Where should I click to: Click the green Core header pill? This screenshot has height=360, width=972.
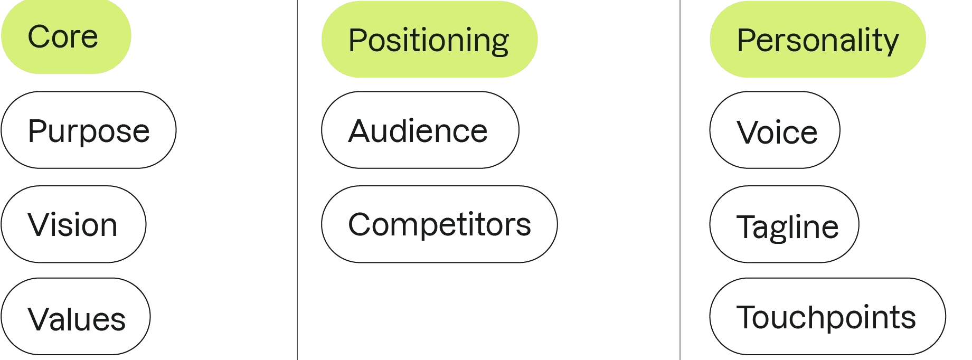click(65, 37)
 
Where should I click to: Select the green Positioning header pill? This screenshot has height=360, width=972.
click(429, 40)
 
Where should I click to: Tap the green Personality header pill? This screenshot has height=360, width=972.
click(817, 40)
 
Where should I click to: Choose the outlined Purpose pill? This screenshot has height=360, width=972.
click(89, 130)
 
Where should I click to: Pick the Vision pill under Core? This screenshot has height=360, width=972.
click(73, 224)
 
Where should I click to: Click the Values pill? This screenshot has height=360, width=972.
click(76, 317)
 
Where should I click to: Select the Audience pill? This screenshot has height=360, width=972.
click(420, 130)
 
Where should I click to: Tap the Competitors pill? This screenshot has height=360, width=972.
click(439, 224)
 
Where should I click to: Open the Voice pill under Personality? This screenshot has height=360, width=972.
click(775, 130)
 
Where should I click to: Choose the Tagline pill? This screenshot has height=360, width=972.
click(784, 224)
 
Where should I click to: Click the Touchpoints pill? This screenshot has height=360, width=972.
click(827, 317)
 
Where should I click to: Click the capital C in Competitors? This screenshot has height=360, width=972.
click(361, 225)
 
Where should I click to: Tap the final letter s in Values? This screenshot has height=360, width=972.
click(118, 320)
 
